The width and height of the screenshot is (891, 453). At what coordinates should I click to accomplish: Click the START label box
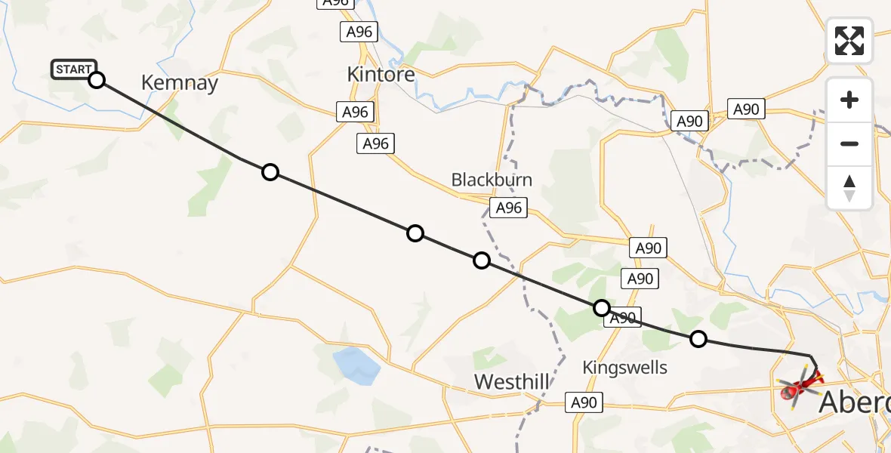click(x=73, y=69)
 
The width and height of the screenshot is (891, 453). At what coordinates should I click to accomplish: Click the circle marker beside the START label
click(x=97, y=79)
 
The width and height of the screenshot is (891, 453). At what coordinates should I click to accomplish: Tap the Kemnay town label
click(x=180, y=83)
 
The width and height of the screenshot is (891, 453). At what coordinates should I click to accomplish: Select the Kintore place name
click(x=381, y=74)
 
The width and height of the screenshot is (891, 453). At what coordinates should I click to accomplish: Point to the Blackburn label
click(x=492, y=180)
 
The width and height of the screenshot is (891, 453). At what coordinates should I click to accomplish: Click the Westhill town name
click(x=512, y=382)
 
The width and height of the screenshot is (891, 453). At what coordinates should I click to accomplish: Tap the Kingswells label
click(x=624, y=368)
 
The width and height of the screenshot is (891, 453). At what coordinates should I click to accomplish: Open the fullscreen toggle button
click(x=849, y=41)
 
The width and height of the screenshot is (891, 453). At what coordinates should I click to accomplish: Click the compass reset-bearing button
click(x=849, y=187)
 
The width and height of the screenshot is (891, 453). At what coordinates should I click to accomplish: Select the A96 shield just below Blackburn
click(x=508, y=208)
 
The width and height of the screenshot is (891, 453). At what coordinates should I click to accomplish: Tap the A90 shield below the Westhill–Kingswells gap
click(x=584, y=402)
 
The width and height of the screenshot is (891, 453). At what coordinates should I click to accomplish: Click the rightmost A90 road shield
click(x=746, y=109)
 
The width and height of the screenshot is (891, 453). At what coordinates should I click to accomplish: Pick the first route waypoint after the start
click(x=270, y=172)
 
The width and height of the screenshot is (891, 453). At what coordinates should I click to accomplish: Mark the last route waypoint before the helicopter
click(x=698, y=339)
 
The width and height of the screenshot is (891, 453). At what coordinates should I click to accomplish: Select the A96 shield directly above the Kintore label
click(x=359, y=32)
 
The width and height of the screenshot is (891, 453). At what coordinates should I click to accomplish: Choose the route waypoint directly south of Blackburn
click(x=481, y=261)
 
